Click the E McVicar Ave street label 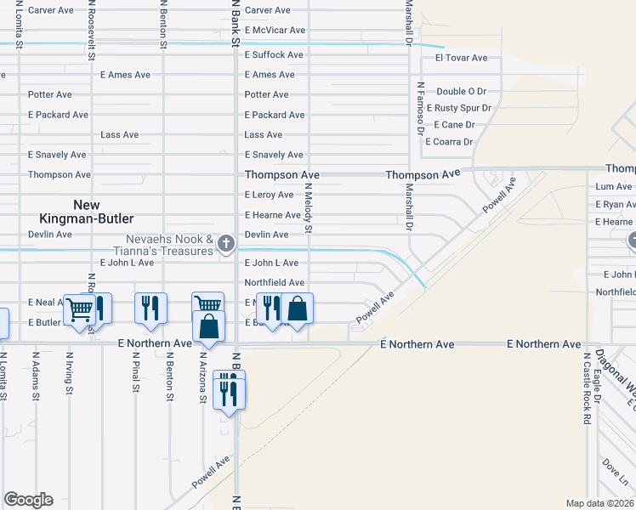coord(275,31)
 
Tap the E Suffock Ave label coord(274,54)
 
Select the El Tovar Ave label coord(461,58)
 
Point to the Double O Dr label coord(461,91)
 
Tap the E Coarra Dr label coord(448,142)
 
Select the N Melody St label coord(309,212)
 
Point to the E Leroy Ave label coord(269,195)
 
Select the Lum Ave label coord(614,186)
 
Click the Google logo coord(28,500)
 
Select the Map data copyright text coord(600,503)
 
